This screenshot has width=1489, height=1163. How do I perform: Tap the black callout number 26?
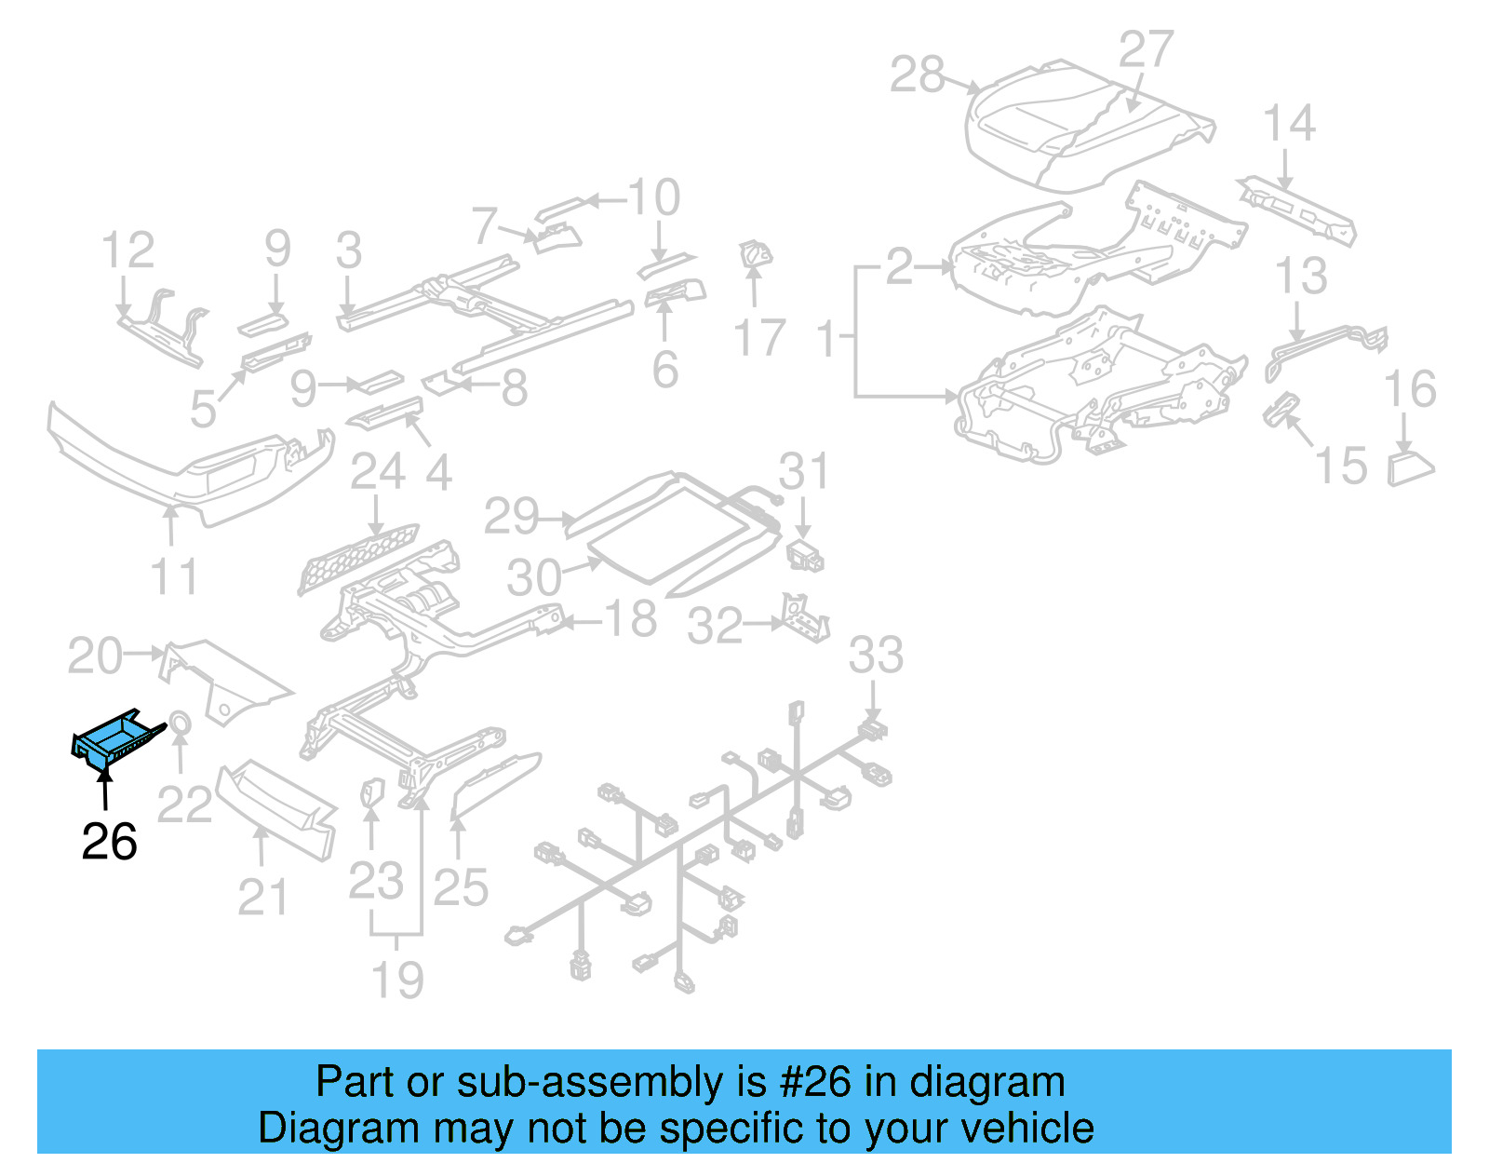[x=109, y=842]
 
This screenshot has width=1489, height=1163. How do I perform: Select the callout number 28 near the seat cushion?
[x=917, y=74]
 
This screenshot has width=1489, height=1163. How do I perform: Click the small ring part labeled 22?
[x=180, y=723]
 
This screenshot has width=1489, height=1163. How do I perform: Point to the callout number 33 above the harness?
[x=875, y=655]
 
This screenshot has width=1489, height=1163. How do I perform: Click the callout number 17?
[x=758, y=337]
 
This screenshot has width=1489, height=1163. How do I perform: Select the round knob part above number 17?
[x=754, y=254]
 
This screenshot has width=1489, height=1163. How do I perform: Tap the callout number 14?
[x=1289, y=123]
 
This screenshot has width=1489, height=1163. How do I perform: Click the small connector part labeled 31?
[x=805, y=556]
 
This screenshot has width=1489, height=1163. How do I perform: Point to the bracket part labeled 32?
[x=804, y=617]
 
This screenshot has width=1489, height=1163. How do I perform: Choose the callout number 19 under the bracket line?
[x=397, y=980]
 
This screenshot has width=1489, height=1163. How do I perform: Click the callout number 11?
[x=174, y=576]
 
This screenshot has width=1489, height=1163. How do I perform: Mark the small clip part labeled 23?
[x=371, y=792]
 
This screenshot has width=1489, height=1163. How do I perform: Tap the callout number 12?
[x=127, y=250]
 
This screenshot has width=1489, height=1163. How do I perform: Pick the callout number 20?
[x=95, y=656]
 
